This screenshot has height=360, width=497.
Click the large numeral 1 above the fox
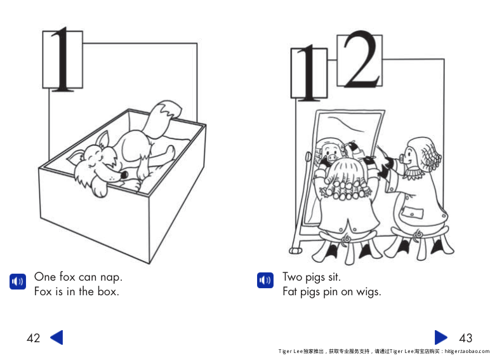tap(62, 59)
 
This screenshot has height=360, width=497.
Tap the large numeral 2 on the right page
tap(359, 61)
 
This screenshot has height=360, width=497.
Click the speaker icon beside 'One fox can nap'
tap(17, 281)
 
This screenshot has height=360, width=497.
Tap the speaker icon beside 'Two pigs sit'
tap(265, 281)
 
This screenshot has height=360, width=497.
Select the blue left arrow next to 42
tap(56, 337)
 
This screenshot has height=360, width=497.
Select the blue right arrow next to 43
tap(441, 337)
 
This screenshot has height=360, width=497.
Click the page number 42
tap(33, 338)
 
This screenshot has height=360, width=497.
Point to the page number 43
tap(465, 338)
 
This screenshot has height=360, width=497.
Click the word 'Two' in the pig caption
tap(293, 277)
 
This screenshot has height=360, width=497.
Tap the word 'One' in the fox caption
tap(45, 277)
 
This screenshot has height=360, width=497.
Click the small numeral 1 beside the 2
tap(308, 76)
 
